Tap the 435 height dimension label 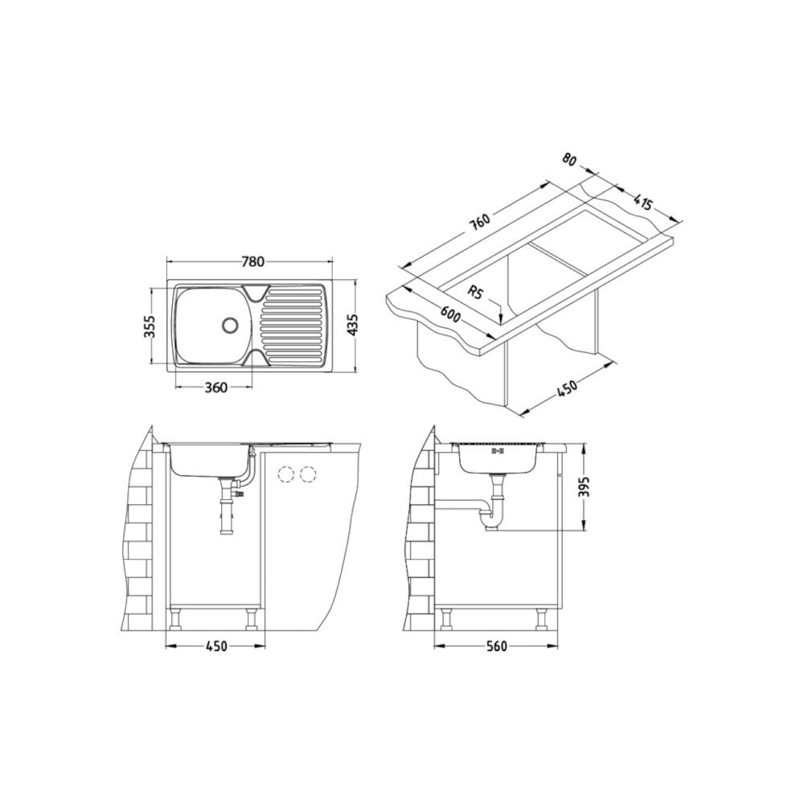(353, 326)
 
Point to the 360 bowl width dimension (215, 388)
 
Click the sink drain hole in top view (229, 324)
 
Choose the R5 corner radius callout (475, 293)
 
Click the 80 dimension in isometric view (569, 159)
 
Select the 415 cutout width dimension (642, 203)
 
